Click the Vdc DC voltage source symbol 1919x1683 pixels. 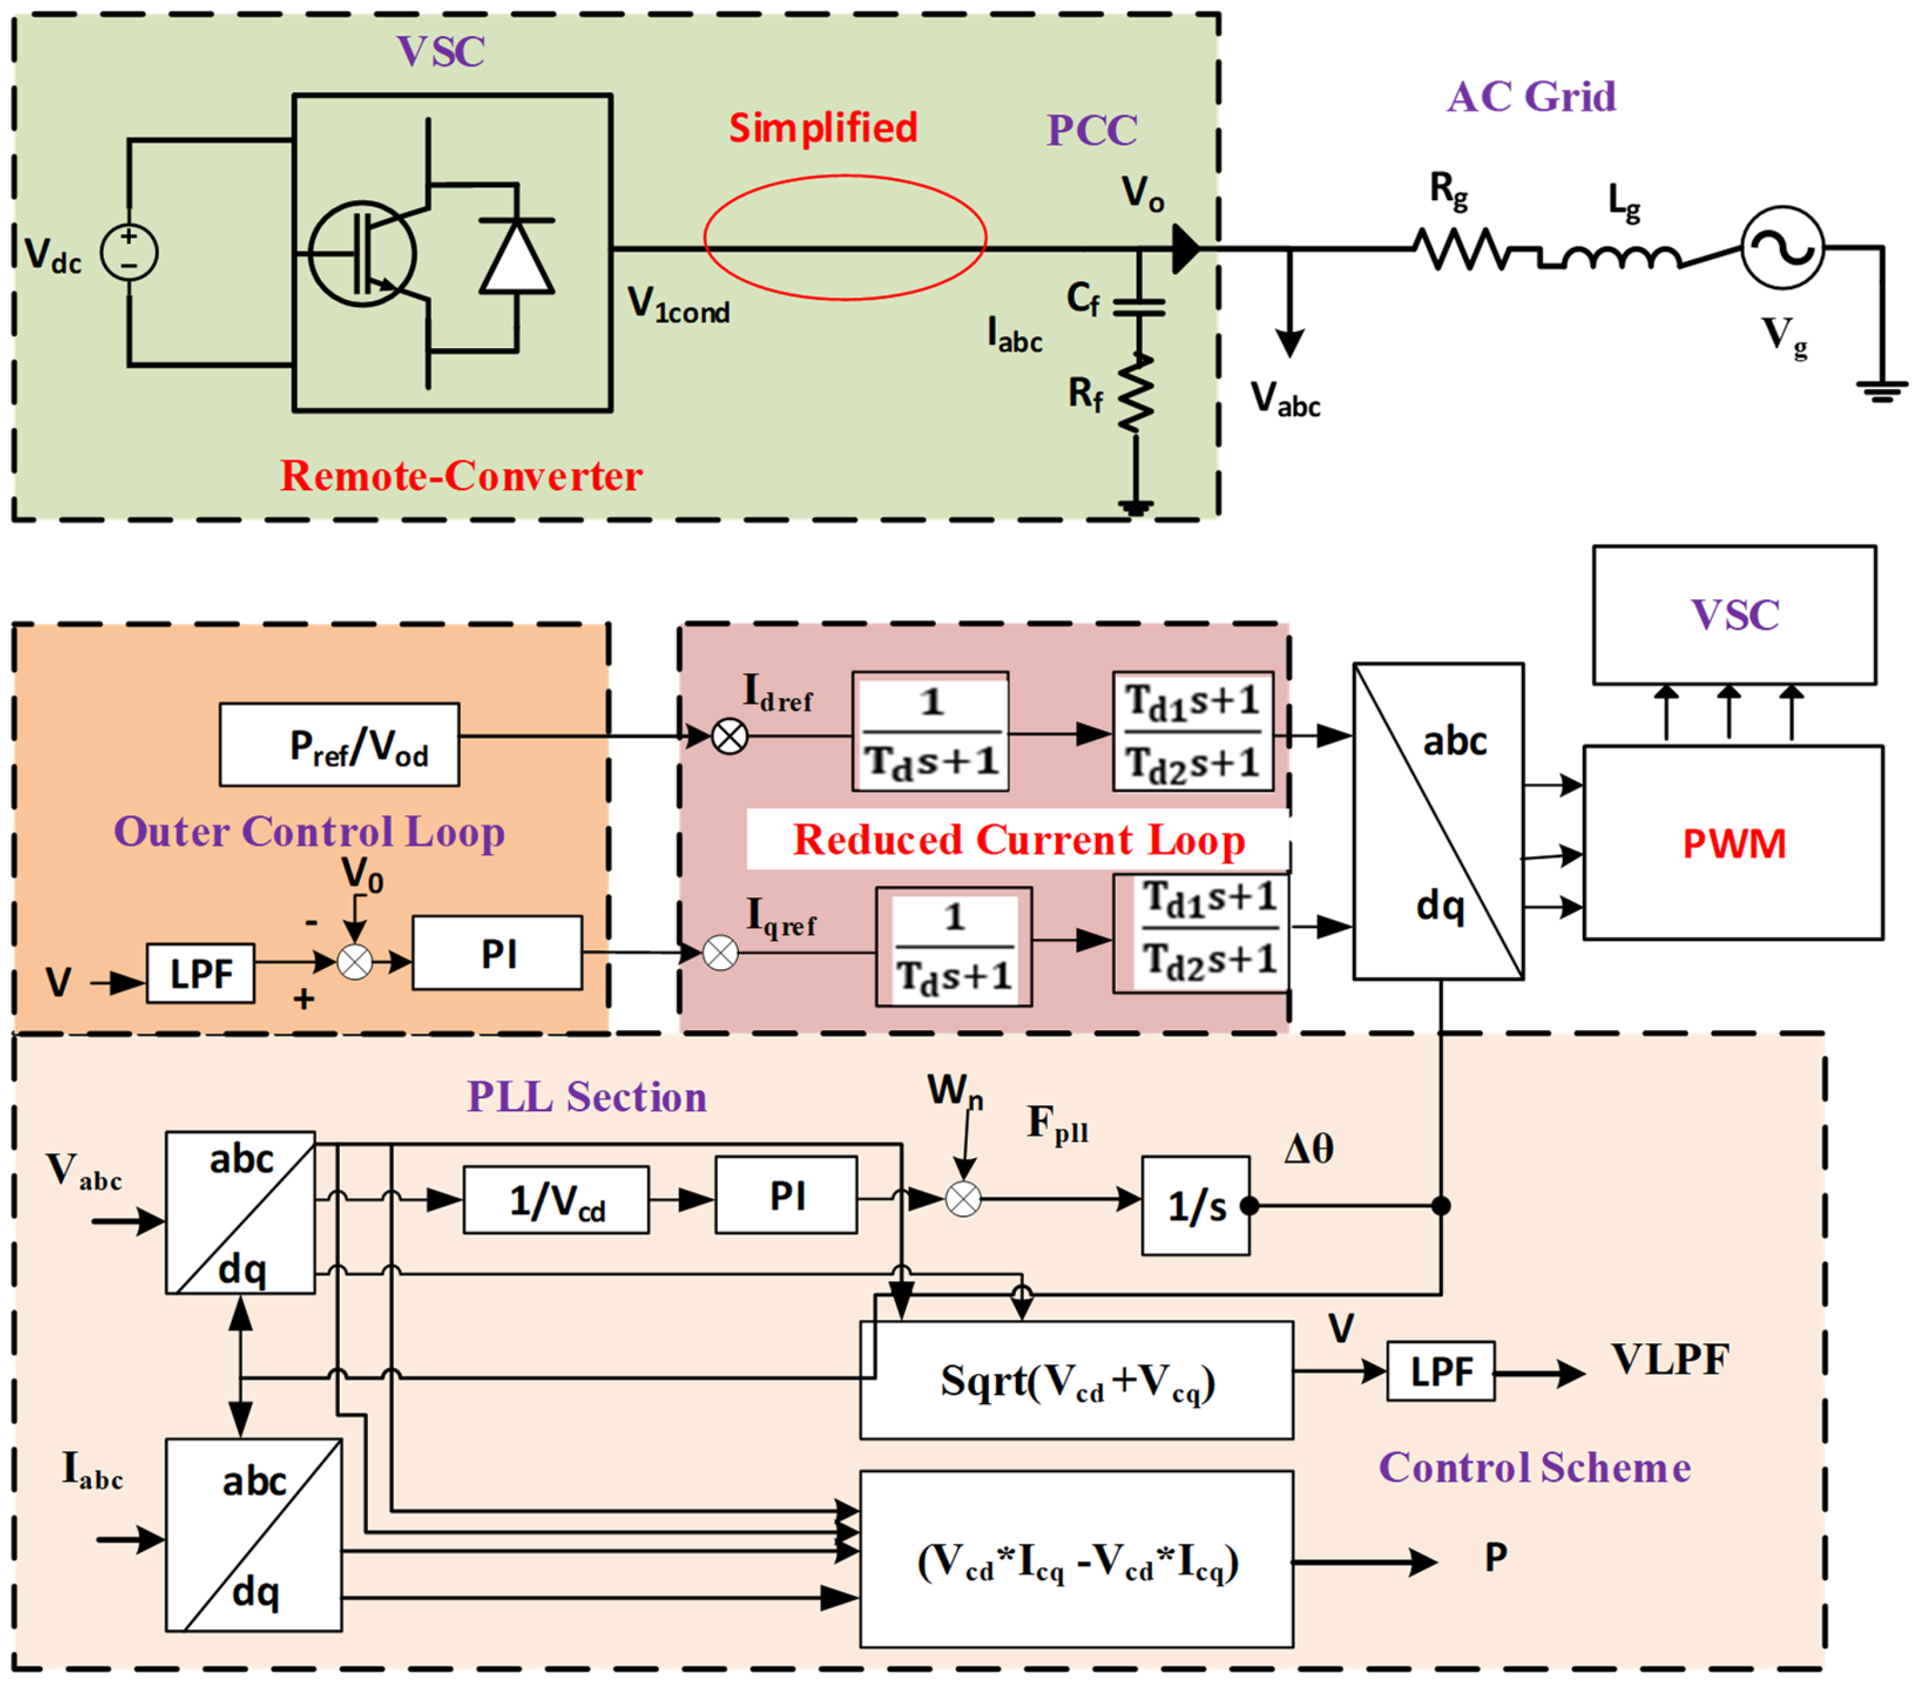(128, 253)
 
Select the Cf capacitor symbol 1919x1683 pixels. (1138, 306)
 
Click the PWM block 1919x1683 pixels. (1732, 843)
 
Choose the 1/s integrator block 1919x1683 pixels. (1195, 1205)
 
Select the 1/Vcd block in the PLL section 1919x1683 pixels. (556, 1200)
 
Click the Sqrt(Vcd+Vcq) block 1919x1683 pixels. (1076, 1380)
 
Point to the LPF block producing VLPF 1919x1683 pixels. (1440, 1371)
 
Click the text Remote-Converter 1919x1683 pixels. (461, 475)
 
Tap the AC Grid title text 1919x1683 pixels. (1530, 97)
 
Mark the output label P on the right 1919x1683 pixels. (1496, 1557)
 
